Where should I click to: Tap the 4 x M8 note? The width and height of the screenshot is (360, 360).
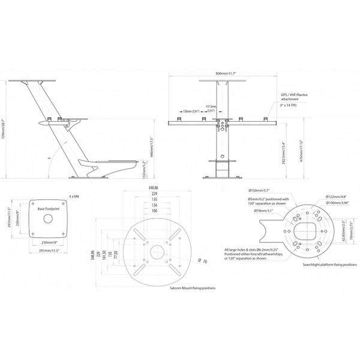(x=73, y=197)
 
